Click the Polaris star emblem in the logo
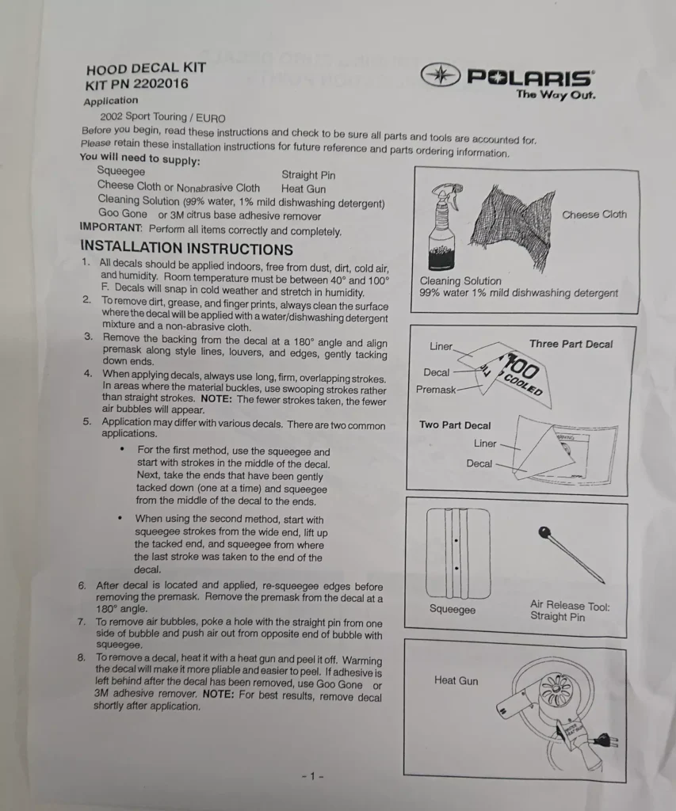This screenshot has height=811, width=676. coord(440,75)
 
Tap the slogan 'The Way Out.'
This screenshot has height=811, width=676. coord(556,94)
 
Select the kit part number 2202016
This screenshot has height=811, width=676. coord(160,84)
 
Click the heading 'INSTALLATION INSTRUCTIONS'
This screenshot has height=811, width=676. coord(186,248)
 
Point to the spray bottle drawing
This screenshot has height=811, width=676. coord(443,227)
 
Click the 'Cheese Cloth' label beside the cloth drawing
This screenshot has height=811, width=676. coord(594,214)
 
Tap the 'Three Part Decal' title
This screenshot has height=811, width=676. coord(571,344)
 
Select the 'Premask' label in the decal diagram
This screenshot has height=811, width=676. coord(436,390)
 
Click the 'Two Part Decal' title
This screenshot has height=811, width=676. coord(455,425)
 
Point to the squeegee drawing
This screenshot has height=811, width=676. coord(457,553)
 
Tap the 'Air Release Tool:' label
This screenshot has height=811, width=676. coord(570,605)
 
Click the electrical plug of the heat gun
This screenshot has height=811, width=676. coord(605,741)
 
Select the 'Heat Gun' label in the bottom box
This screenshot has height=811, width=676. coord(456,680)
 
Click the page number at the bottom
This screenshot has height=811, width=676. coord(312,776)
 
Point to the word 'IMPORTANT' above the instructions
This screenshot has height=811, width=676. coord(110,227)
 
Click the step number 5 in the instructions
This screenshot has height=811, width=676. coord(86,421)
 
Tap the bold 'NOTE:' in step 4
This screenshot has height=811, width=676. coord(216,399)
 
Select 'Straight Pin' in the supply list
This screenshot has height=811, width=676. coord(308,175)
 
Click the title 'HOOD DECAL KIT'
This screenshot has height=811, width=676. coord(146,68)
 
